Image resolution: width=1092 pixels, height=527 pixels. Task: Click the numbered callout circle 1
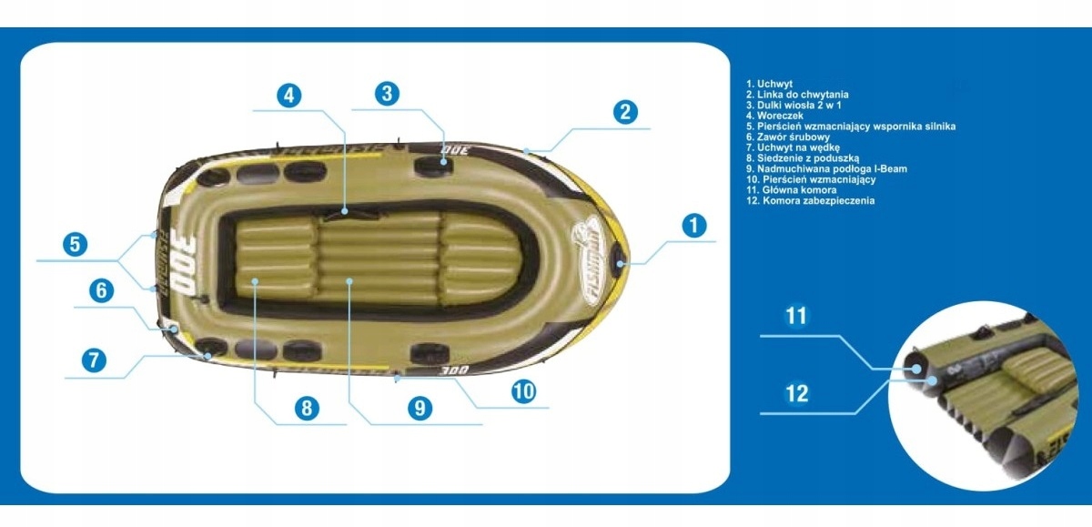(693, 225)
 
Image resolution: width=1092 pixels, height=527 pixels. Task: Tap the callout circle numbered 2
(625, 112)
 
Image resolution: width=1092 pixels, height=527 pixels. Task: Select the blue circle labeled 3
(387, 93)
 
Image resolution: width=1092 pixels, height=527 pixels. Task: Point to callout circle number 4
(289, 95)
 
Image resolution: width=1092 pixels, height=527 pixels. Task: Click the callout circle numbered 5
(75, 244)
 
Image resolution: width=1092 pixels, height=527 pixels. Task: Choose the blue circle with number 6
(101, 290)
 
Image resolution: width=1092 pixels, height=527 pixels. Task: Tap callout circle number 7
(94, 360)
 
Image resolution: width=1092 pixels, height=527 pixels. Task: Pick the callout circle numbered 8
(307, 408)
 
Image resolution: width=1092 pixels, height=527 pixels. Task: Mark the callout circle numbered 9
(420, 408)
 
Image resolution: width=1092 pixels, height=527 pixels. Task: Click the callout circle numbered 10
(523, 391)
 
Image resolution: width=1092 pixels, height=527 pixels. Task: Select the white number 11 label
(796, 316)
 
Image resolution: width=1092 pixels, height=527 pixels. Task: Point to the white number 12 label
(797, 393)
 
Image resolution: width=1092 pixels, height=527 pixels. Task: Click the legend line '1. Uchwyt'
(769, 84)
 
